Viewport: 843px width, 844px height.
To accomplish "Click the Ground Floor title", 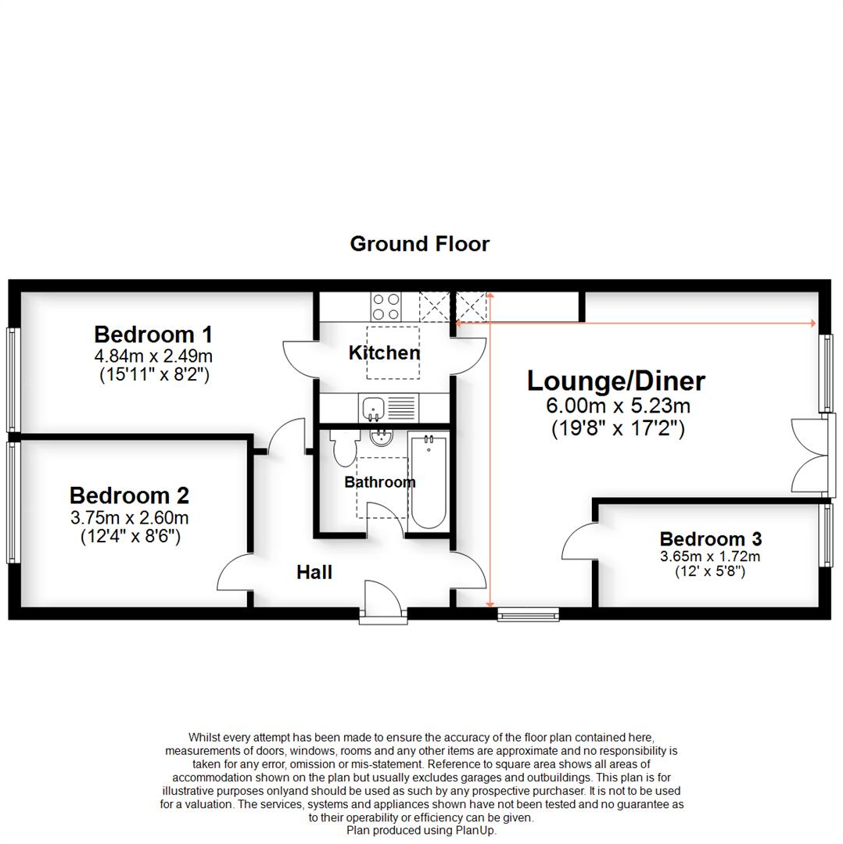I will [x=420, y=244].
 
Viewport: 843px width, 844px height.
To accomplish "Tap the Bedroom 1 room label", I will [x=153, y=334].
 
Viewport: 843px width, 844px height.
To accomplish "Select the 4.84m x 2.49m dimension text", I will [x=153, y=357].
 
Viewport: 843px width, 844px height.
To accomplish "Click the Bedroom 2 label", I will [x=129, y=495].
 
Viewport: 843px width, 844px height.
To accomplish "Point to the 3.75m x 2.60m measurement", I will [x=129, y=518].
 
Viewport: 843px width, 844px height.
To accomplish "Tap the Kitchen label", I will [x=384, y=352].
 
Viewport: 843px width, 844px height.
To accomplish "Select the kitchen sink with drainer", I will [x=389, y=406].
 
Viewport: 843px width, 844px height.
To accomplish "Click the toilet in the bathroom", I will [x=343, y=449].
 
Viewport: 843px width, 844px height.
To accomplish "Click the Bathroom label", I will [x=380, y=482].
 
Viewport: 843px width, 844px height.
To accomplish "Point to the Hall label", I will [x=314, y=573].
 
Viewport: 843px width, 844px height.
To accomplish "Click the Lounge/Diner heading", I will [x=615, y=381].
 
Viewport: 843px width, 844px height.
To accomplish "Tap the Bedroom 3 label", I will [x=711, y=538].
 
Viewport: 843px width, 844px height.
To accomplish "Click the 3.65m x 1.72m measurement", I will [x=711, y=557].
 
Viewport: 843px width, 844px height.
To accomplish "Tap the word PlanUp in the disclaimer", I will [x=476, y=831].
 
